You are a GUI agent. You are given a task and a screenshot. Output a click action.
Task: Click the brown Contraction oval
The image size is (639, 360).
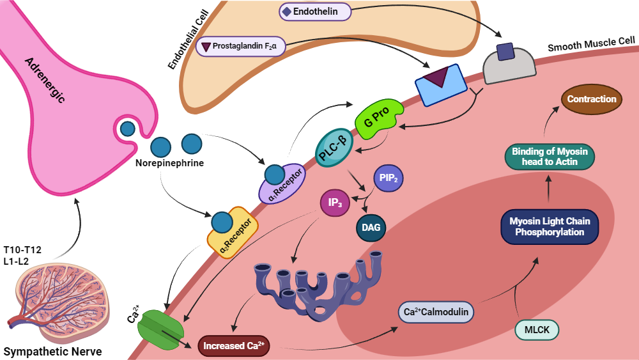click(592, 99)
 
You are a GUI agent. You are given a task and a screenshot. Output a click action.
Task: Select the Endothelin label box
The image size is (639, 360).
click(314, 12)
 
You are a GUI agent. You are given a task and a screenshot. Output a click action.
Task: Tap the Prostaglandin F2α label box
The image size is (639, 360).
click(240, 47)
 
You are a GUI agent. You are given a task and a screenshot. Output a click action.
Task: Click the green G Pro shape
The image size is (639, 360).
click(379, 118)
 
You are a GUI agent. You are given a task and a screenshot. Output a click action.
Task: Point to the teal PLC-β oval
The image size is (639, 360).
click(334, 148)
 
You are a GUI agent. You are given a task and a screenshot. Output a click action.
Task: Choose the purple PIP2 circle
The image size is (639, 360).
click(389, 178)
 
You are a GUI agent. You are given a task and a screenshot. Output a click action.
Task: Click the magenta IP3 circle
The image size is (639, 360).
click(335, 203)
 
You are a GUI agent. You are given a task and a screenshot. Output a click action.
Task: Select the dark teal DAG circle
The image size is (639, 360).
click(371, 228)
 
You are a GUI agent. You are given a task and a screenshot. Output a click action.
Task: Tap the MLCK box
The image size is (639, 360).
click(537, 330)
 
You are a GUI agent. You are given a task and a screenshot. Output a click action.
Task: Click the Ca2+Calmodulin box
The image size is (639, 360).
click(436, 312)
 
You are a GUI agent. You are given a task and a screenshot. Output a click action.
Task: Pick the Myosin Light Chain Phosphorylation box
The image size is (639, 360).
click(550, 227)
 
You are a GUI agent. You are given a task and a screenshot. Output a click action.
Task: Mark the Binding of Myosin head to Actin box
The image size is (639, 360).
click(550, 157)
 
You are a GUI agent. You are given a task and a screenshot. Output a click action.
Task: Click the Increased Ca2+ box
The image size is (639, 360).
click(234, 346)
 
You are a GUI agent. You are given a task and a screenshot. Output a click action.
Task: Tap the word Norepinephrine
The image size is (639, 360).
click(169, 163)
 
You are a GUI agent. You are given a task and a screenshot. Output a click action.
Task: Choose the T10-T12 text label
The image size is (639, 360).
click(22, 249)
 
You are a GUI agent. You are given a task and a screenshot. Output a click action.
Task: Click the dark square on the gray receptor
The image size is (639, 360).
click(505, 52)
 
